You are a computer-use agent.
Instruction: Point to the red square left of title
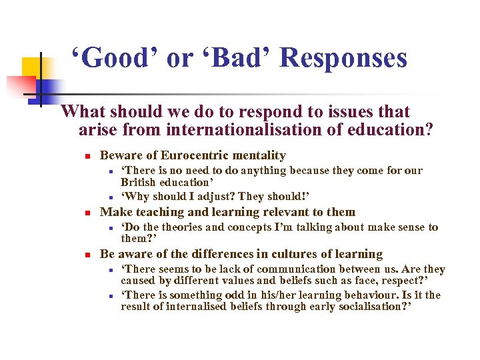tap(20, 86)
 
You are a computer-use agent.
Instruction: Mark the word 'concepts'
tap(251, 227)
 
